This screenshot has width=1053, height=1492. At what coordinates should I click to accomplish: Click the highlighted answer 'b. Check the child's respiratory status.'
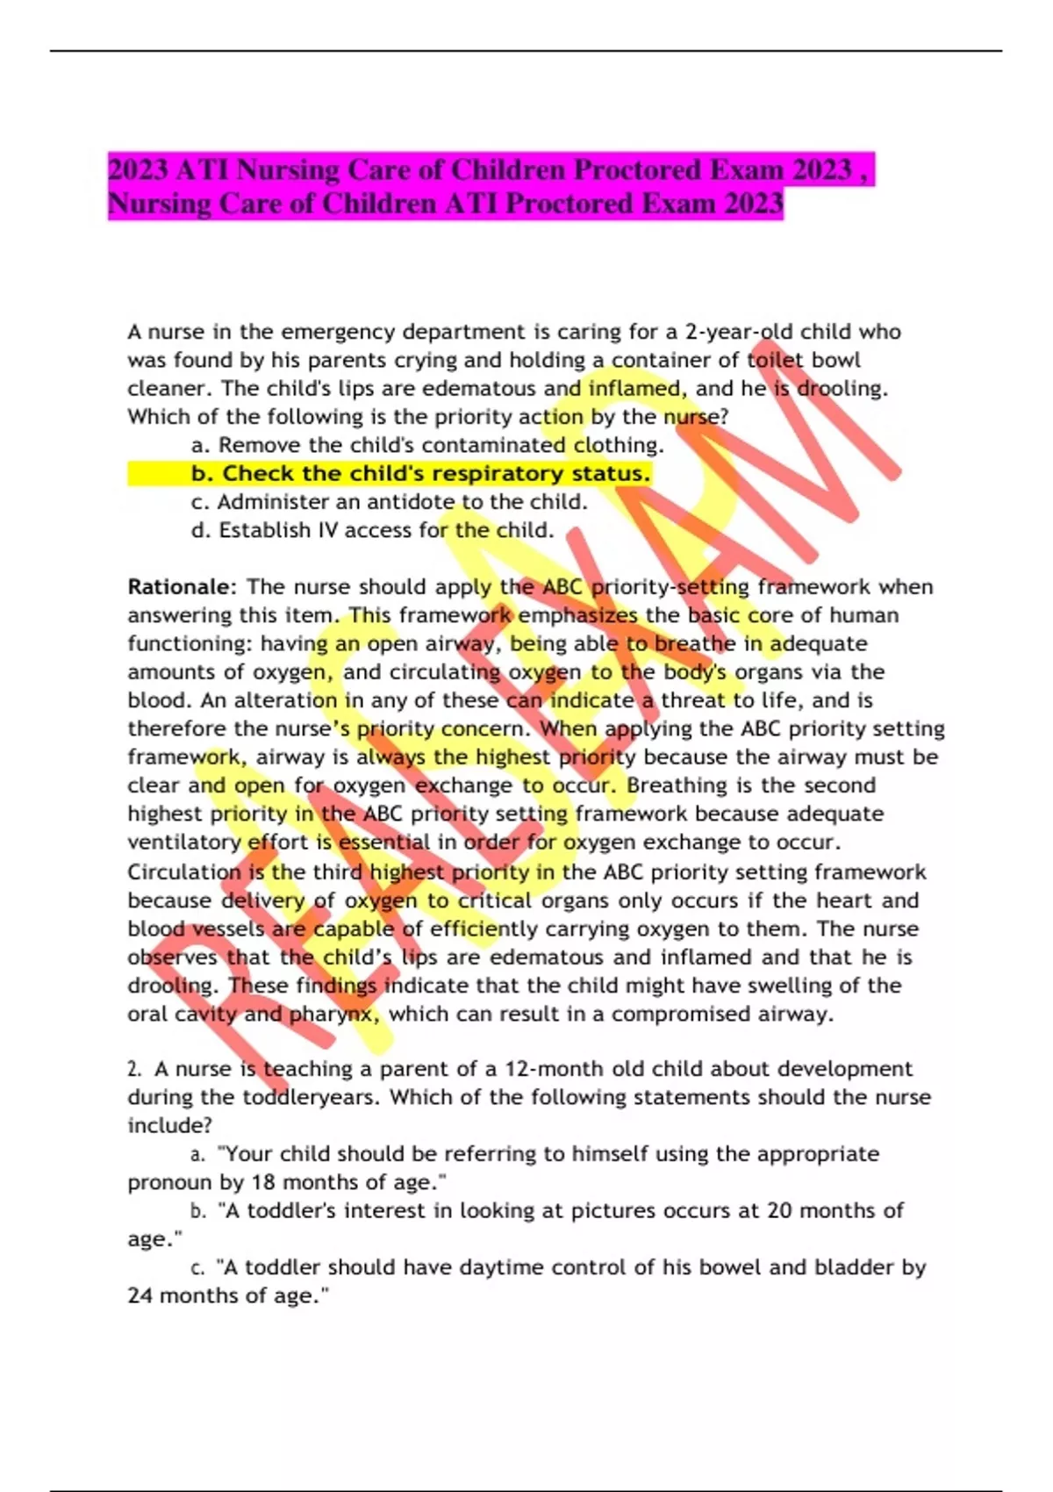coord(421,474)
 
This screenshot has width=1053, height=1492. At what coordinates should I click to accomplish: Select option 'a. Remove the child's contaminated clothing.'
coord(427,445)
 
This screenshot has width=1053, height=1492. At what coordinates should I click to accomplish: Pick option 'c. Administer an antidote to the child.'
coord(389,502)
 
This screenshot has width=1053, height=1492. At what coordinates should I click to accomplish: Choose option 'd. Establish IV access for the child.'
coord(372,530)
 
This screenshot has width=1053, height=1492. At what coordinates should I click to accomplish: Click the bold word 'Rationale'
coord(180,586)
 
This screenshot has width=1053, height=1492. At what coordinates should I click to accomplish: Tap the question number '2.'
coord(134,1069)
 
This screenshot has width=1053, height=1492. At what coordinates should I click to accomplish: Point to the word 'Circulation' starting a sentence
coord(183,872)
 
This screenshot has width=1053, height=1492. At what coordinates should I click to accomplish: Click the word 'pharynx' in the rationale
coord(333,1015)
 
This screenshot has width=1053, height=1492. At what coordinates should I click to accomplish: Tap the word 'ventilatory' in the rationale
coord(183,842)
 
